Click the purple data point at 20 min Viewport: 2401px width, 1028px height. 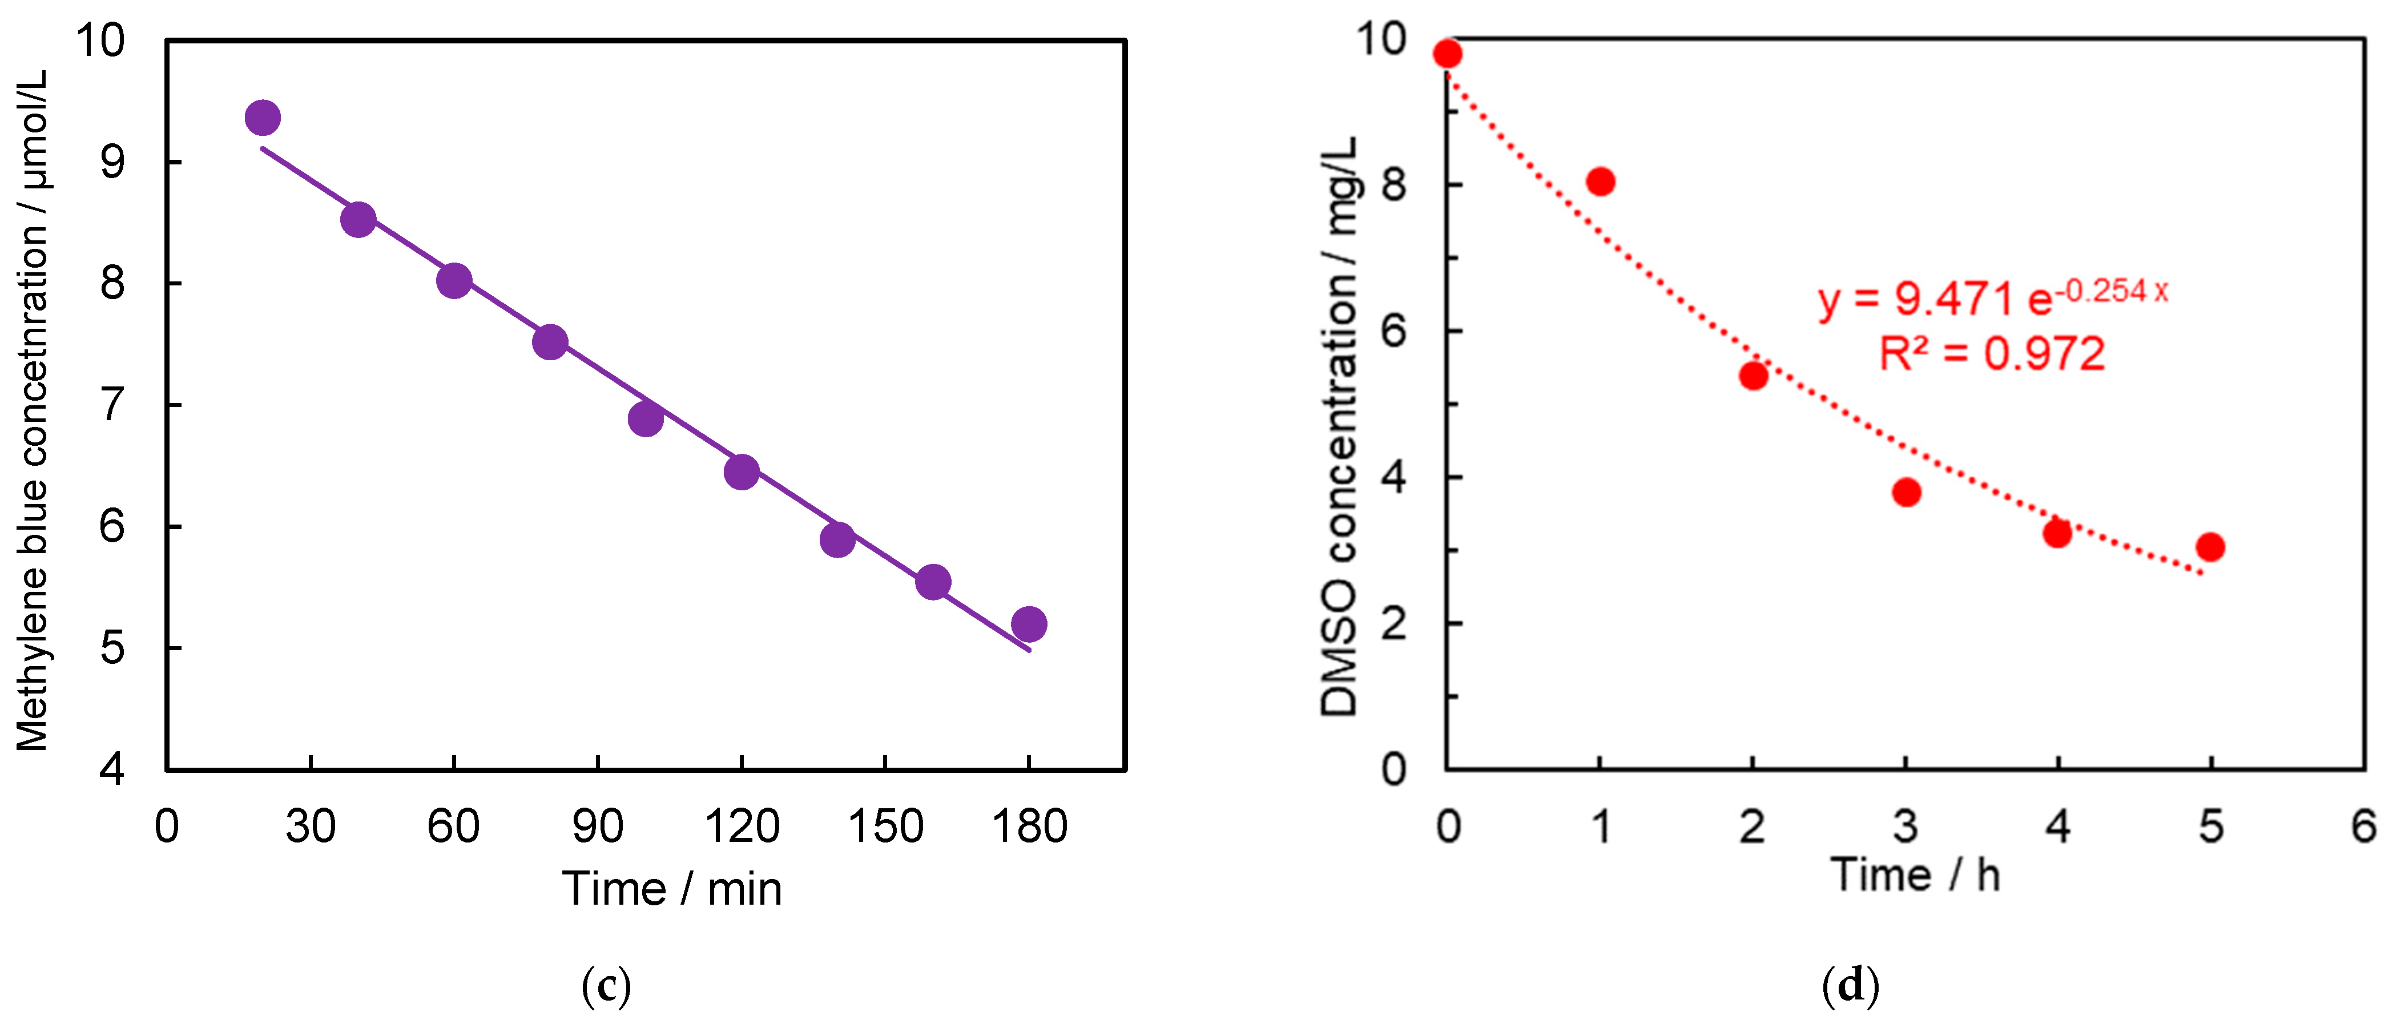click(x=263, y=118)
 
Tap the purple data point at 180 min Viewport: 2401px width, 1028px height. click(x=1028, y=623)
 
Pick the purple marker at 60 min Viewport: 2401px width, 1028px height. click(x=454, y=280)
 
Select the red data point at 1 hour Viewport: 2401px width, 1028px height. click(x=1600, y=182)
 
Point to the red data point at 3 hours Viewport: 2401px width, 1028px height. click(x=1906, y=492)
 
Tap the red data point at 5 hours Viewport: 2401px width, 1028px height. click(x=2210, y=547)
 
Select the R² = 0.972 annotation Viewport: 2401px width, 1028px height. click(x=1992, y=354)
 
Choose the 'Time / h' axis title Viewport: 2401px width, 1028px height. click(x=1915, y=875)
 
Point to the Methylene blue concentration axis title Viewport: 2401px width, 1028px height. click(x=33, y=410)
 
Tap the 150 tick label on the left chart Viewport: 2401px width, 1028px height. click(x=884, y=827)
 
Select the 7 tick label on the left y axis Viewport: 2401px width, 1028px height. click(x=113, y=405)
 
